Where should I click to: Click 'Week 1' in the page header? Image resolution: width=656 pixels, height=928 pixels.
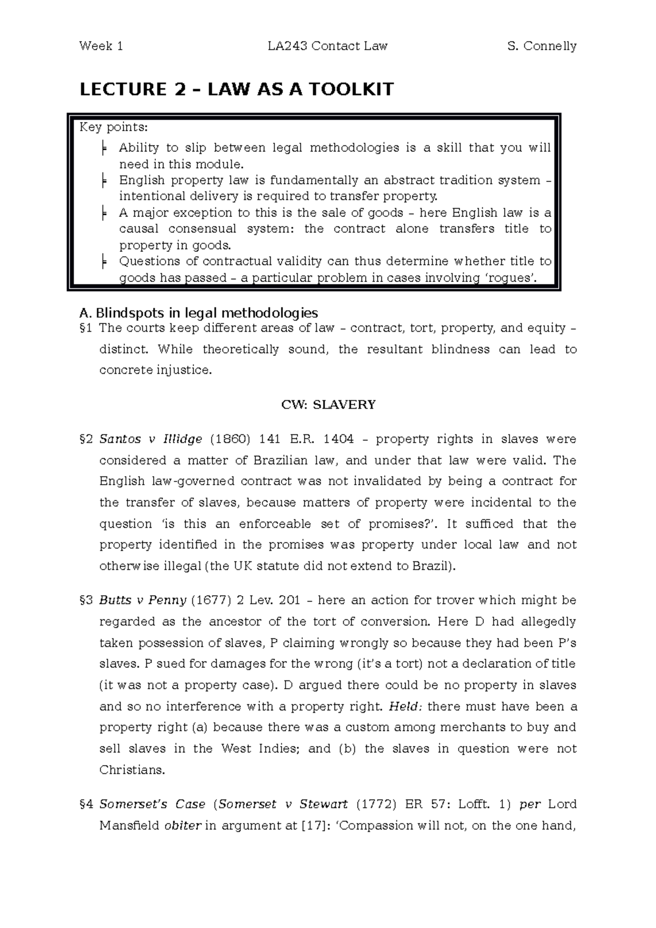tap(101, 46)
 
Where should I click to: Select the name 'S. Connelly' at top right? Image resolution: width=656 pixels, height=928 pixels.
tap(542, 46)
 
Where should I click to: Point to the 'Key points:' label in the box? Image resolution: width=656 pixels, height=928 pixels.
tap(113, 128)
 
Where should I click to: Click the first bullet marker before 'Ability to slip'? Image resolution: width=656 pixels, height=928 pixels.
tap(104, 148)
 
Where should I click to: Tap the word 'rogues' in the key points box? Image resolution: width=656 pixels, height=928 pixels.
tap(514, 278)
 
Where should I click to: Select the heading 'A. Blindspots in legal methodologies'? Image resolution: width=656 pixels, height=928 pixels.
tap(198, 313)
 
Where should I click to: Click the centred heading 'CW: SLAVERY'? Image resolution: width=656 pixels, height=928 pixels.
tap(328, 405)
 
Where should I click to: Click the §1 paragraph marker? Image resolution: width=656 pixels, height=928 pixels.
tap(86, 328)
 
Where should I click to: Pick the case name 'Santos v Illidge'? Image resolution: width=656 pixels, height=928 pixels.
tap(151, 439)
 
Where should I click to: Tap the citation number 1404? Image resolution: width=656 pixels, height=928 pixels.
tap(338, 439)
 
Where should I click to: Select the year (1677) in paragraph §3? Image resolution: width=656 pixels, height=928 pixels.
tap(210, 601)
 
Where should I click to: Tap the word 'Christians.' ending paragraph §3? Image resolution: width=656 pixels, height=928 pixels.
tap(132, 771)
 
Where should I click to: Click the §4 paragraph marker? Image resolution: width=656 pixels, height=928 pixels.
tap(86, 804)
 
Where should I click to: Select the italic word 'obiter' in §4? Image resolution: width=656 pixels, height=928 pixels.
tap(183, 826)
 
